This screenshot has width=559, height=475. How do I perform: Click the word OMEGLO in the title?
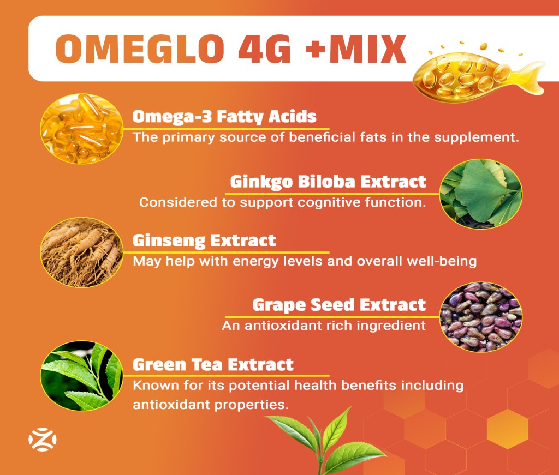[x=140, y=49]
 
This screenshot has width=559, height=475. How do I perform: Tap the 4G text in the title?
[x=265, y=49]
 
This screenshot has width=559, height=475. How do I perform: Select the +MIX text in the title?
[x=356, y=49]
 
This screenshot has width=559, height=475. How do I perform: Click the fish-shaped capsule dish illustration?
[x=478, y=74]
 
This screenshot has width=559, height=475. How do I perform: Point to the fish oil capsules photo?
[x=82, y=129]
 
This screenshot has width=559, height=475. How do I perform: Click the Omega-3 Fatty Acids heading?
[x=224, y=117]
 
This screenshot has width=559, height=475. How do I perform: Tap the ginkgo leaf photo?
[x=481, y=194]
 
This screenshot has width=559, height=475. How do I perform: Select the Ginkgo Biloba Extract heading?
[x=328, y=182]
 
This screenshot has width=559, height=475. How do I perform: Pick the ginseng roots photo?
[x=82, y=252]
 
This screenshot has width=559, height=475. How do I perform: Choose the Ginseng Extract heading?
[x=204, y=240]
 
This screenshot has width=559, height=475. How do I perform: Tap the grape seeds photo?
[x=481, y=317]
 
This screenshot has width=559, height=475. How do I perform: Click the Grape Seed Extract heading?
[x=339, y=305]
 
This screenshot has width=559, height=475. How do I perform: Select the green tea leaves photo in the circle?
[x=82, y=376]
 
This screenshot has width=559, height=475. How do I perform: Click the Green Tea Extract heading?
[x=213, y=365]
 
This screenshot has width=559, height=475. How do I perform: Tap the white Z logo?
[x=43, y=440]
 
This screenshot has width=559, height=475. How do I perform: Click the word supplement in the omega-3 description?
[x=476, y=138]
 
